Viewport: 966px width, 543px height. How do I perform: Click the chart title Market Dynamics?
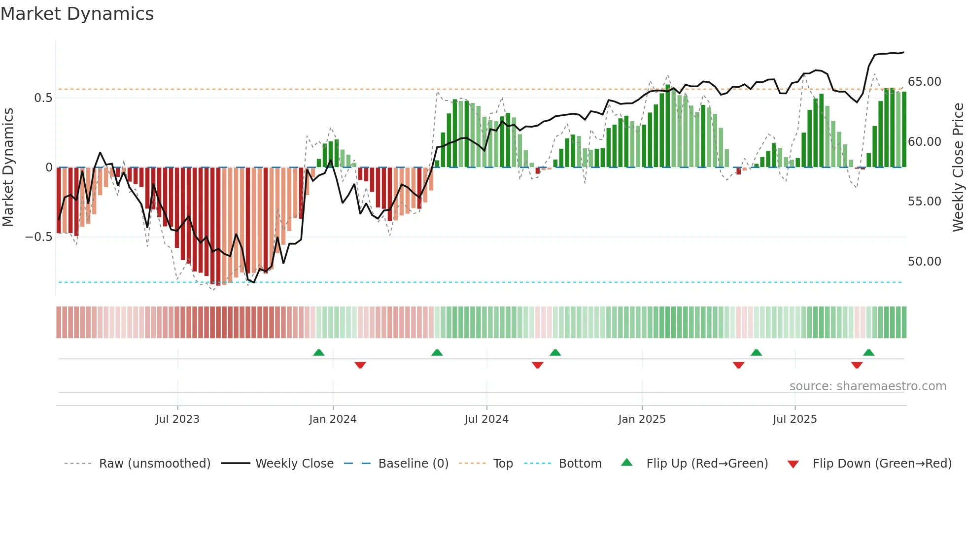pos(77,14)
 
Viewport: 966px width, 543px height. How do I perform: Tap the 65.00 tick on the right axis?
pos(924,82)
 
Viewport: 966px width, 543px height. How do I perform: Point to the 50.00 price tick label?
pos(924,262)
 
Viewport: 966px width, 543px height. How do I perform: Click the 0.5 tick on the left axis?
pos(43,98)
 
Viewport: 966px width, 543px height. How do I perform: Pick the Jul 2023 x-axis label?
pos(177,419)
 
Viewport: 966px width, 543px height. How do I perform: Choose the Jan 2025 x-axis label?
pos(642,419)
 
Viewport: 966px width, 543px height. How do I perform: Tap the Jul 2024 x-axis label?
pos(486,419)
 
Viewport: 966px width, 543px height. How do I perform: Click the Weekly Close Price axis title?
pos(958,168)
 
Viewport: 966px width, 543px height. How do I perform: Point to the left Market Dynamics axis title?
pos(8,168)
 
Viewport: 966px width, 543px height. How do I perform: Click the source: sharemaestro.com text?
pos(867,386)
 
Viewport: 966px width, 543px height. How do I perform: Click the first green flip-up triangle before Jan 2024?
pos(319,353)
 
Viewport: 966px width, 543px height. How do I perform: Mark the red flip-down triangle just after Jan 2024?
pos(360,365)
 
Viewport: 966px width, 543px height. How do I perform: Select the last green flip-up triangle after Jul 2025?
pos(869,353)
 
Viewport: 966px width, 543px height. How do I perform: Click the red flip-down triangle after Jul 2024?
pos(538,365)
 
